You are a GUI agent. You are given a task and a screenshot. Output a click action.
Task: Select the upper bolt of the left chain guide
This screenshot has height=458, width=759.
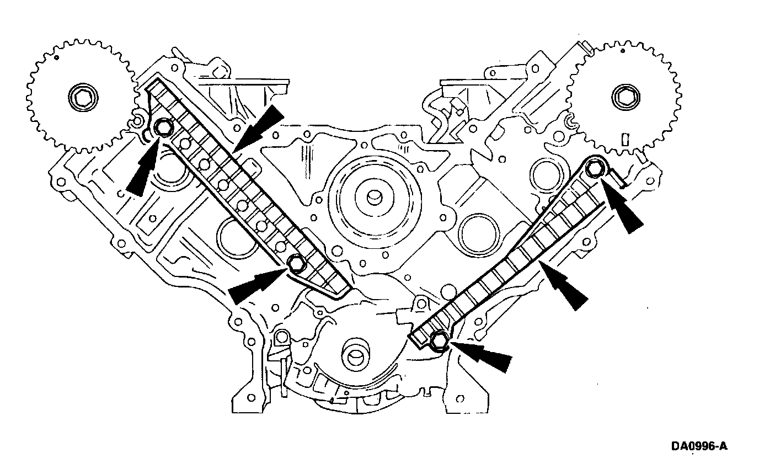[163, 128]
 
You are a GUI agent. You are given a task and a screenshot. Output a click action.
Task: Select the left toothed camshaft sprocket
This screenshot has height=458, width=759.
[82, 97]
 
